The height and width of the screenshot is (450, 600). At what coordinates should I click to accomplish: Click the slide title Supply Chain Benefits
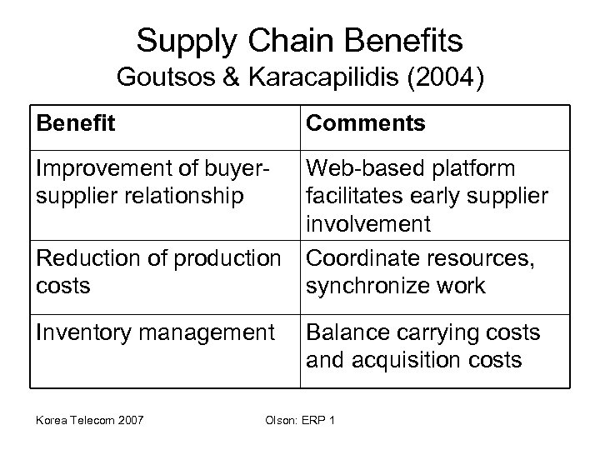coord(300,40)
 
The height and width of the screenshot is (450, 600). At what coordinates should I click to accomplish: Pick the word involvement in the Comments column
coord(368,224)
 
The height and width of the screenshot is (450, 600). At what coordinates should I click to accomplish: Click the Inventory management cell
coord(154,333)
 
